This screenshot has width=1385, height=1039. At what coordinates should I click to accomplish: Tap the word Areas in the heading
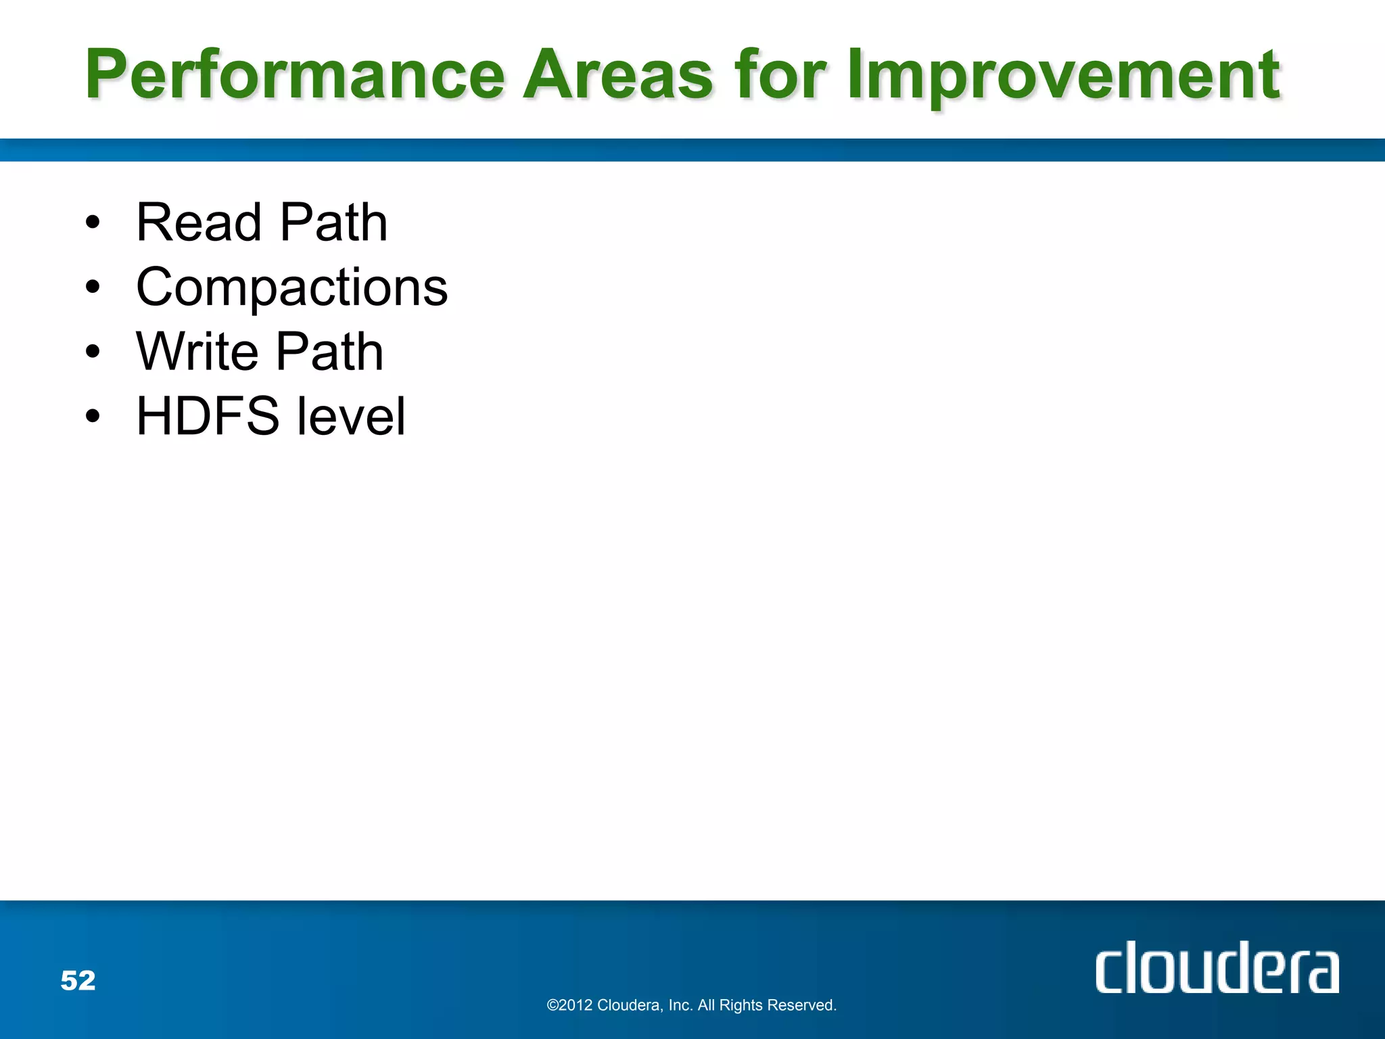tap(619, 74)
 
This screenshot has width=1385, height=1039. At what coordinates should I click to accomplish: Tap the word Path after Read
tap(333, 223)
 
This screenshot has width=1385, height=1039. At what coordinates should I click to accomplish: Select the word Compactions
tap(291, 287)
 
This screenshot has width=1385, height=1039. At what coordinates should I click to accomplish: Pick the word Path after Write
tap(330, 352)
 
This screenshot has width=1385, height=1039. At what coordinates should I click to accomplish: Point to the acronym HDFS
tap(208, 416)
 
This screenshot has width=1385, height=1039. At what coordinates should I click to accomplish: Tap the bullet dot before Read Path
tap(93, 223)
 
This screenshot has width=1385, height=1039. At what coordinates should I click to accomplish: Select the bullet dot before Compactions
tap(93, 287)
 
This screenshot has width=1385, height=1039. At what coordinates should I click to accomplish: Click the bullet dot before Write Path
tap(93, 351)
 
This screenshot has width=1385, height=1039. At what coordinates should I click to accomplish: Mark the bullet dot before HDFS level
tap(93, 416)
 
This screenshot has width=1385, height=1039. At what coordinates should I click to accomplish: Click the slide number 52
tap(78, 980)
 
